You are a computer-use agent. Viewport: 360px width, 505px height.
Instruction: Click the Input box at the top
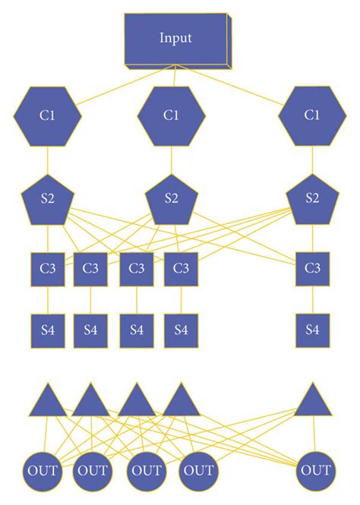[x=176, y=38]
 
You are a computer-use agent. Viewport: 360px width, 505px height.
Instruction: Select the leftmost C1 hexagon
[x=47, y=115]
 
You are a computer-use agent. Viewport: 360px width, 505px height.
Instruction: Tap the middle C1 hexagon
[x=171, y=115]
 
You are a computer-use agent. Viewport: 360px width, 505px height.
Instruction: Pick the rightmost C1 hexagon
[x=311, y=115]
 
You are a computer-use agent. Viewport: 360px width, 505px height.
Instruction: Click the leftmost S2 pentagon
[x=47, y=199]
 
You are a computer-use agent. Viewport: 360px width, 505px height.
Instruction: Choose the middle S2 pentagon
[x=171, y=199]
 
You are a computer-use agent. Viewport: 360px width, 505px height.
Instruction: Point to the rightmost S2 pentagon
[x=311, y=199]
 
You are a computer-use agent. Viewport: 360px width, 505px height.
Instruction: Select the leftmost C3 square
[x=48, y=269]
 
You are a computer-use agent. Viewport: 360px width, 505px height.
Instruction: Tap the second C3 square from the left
[x=90, y=269]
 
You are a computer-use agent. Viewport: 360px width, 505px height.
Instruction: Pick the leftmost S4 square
[x=48, y=330]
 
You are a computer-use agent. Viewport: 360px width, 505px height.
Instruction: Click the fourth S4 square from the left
[x=181, y=330]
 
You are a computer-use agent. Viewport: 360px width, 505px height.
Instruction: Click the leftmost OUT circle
[x=43, y=472]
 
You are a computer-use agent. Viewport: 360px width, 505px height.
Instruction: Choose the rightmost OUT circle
[x=315, y=472]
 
